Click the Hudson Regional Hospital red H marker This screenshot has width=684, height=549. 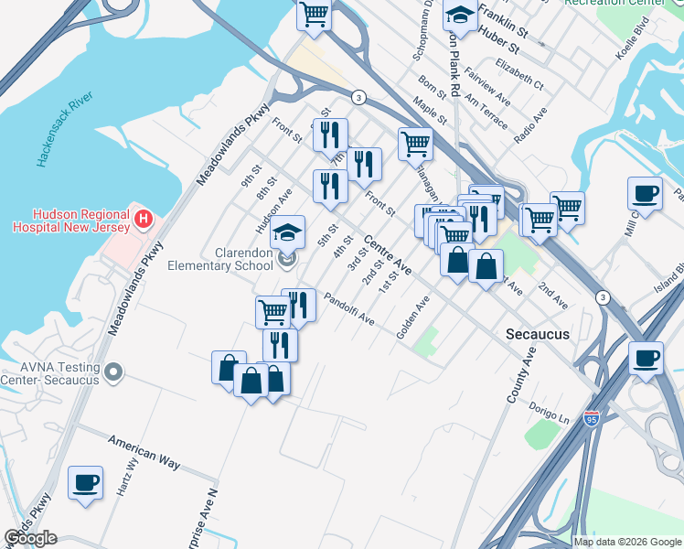coord(143,220)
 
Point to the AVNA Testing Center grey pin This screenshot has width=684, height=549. coord(113,372)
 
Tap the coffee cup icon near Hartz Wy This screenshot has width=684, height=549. coord(86,482)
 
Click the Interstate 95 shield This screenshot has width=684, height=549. coord(592,418)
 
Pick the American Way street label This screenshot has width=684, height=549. coord(144,452)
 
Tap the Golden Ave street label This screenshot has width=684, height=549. coord(413,318)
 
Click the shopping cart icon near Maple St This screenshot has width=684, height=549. coord(415,144)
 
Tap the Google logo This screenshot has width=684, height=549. coord(31,538)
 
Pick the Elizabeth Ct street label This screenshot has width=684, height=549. coord(519,73)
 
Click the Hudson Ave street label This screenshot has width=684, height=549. coord(273,210)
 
